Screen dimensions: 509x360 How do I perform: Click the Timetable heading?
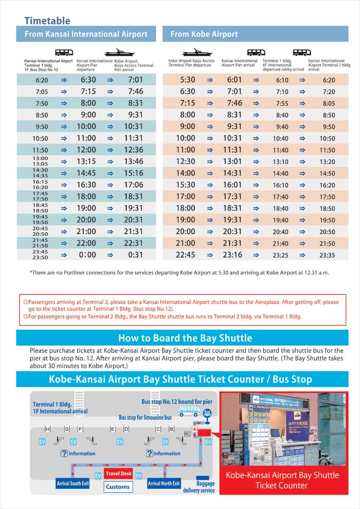[x=47, y=21]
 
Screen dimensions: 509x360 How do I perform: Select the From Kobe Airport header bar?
[x=255, y=34]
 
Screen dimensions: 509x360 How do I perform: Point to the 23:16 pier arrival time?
[x=234, y=255]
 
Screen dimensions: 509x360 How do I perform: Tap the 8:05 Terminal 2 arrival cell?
[x=329, y=104]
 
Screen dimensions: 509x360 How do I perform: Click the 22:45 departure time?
[x=185, y=255]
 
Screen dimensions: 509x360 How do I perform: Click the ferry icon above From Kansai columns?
[x=119, y=53]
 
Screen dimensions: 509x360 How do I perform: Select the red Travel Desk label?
[x=118, y=474]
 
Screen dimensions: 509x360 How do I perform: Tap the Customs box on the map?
[x=118, y=487]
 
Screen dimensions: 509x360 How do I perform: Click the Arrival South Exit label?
[x=73, y=483]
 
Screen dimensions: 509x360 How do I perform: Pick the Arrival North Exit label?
[x=164, y=483]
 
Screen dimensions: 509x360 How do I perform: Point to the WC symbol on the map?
[x=187, y=434]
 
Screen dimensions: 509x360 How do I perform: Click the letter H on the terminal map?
[x=48, y=429]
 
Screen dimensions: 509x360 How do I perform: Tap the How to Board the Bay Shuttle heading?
[x=185, y=338]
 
